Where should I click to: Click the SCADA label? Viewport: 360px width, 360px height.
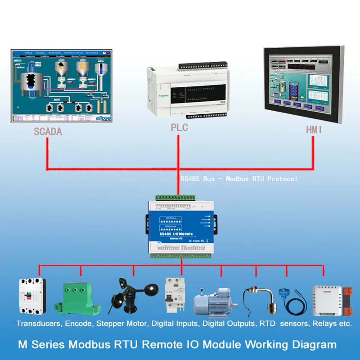48,132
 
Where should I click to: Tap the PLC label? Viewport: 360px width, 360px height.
179,127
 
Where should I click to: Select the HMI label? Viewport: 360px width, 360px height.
313,130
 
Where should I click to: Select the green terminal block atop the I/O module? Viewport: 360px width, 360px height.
176,198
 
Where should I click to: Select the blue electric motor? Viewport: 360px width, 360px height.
216,301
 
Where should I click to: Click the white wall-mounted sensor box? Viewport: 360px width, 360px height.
328,299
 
